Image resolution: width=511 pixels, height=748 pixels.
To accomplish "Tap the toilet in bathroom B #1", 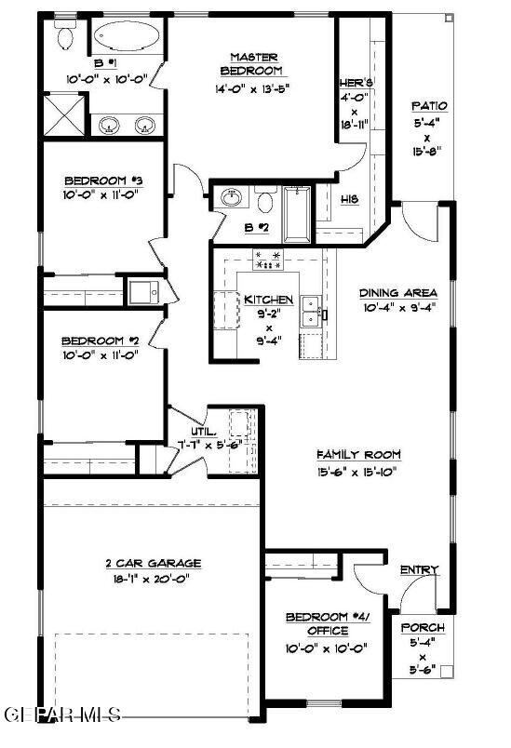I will (64, 36).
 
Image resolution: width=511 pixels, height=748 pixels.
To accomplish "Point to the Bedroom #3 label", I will (102, 181).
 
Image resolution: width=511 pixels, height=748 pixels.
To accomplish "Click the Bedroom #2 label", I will (102, 341).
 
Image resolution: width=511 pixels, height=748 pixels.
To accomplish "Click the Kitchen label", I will (269, 301).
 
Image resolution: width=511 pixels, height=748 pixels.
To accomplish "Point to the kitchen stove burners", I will (268, 260).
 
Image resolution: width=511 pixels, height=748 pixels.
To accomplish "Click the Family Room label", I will (358, 454).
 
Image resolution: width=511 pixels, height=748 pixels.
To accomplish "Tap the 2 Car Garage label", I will (153, 563).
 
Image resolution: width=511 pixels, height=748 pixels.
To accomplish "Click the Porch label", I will (422, 628).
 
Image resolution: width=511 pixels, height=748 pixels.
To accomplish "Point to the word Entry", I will (419, 569).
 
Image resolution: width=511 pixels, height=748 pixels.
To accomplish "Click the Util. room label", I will (205, 432).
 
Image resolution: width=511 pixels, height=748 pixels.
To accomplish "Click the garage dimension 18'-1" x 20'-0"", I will (153, 578).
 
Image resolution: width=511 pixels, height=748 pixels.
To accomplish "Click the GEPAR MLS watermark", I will (63, 715).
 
